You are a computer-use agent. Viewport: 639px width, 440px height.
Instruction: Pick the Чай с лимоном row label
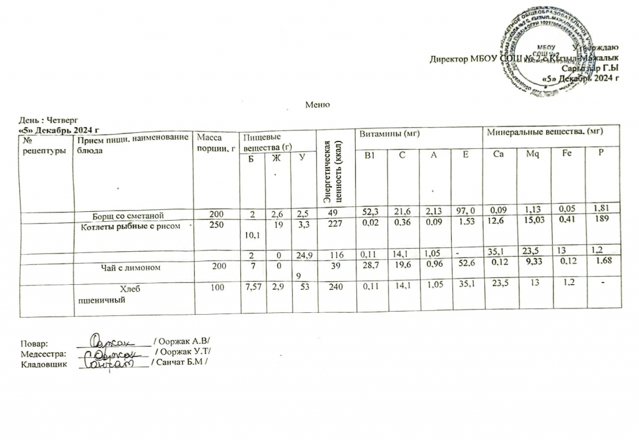127,267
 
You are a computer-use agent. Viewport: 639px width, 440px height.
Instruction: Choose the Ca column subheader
497,153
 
